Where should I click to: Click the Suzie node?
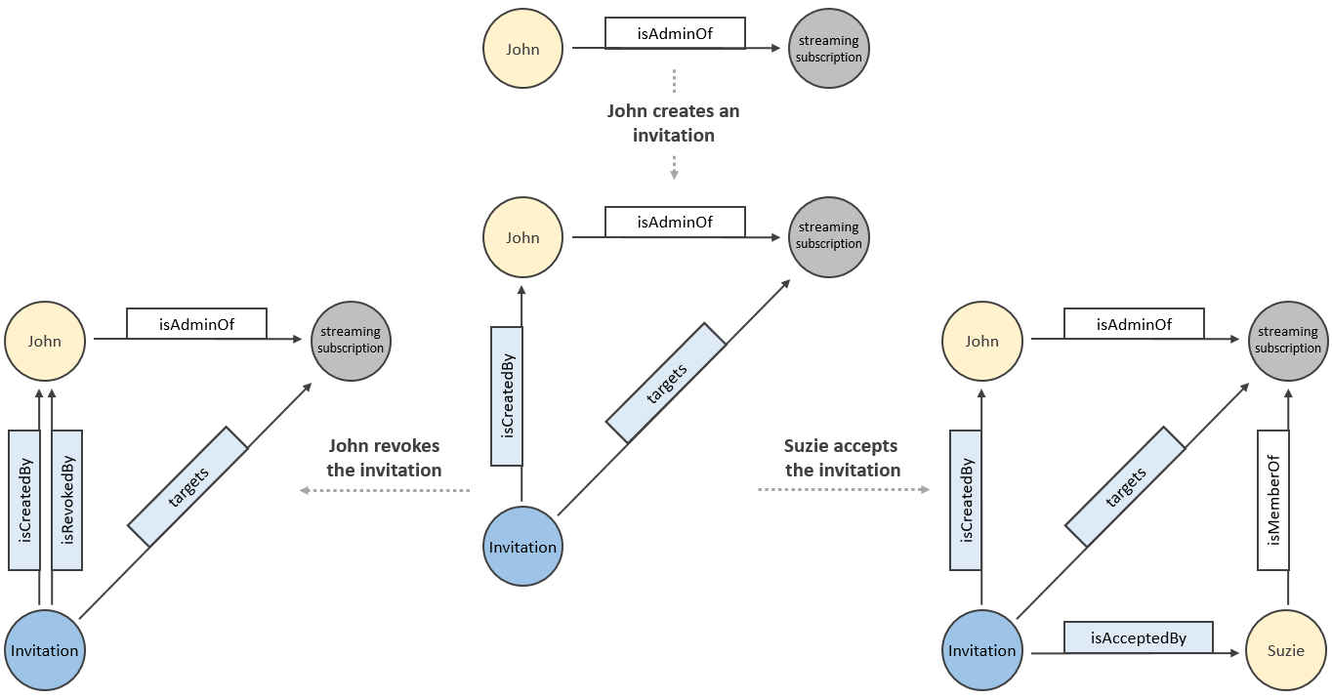pyautogui.click(x=1286, y=651)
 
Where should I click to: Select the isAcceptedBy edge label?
pyautogui.click(x=1138, y=637)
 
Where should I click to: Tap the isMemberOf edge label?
pyautogui.click(x=1272, y=500)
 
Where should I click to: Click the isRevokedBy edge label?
pyautogui.click(x=67, y=499)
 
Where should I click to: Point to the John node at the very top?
pyautogui.click(x=522, y=49)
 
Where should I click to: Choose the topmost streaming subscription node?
pyautogui.click(x=828, y=49)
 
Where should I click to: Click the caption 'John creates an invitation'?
pyautogui.click(x=673, y=123)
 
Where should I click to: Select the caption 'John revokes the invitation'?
pyautogui.click(x=384, y=458)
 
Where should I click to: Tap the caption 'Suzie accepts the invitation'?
pyautogui.click(x=842, y=458)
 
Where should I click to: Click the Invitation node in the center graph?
pyautogui.click(x=523, y=547)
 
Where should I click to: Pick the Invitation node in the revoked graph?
pyautogui.click(x=45, y=651)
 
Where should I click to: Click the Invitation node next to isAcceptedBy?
pyautogui.click(x=981, y=651)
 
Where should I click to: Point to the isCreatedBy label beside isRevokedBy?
pyautogui.click(x=24, y=499)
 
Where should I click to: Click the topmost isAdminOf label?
pyautogui.click(x=675, y=34)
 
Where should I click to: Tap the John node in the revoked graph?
pyautogui.click(x=45, y=341)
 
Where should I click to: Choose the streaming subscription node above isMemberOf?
pyautogui.click(x=1287, y=341)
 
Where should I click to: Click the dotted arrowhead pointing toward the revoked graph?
pyautogui.click(x=303, y=490)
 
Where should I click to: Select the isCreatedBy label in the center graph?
pyautogui.click(x=506, y=395)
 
